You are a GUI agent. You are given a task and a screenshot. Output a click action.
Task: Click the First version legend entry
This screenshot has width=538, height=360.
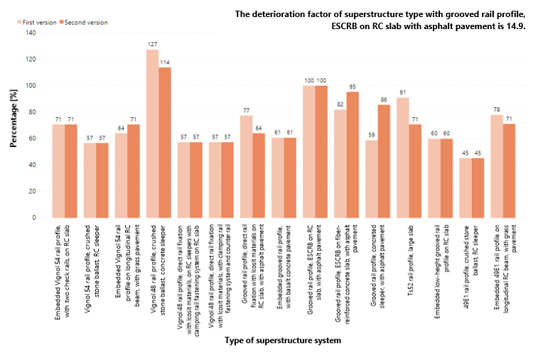point(36,23)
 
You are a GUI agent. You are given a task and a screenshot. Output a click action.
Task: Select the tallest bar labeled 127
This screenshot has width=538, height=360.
point(151,134)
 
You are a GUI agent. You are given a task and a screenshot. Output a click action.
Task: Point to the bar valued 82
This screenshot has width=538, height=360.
point(340,163)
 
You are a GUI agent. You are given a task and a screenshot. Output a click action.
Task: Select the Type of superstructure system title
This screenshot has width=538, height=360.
point(283,341)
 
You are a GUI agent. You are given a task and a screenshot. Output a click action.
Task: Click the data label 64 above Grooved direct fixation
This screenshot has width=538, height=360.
point(258,129)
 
